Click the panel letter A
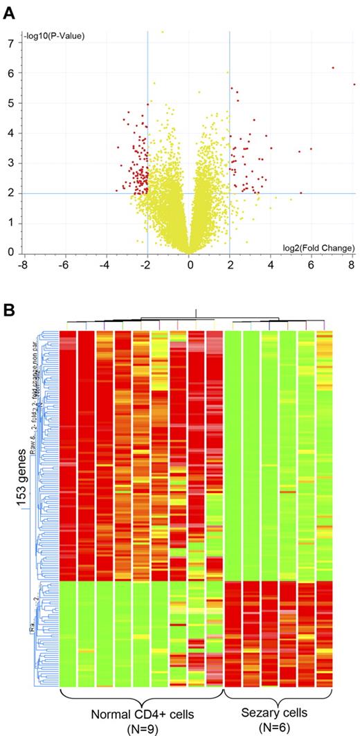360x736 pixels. [x=9, y=12]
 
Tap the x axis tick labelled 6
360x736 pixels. [x=312, y=264]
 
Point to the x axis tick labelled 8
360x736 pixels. [x=352, y=264]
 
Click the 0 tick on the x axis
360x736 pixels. [x=189, y=264]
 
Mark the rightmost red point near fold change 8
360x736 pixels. [x=354, y=84]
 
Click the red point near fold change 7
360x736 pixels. [x=333, y=68]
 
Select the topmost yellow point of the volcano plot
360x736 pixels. [x=163, y=32]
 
